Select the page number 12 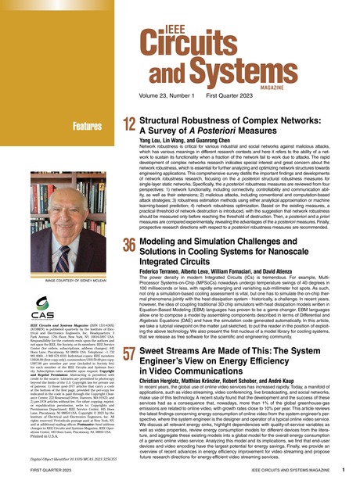[x=128, y=125]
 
